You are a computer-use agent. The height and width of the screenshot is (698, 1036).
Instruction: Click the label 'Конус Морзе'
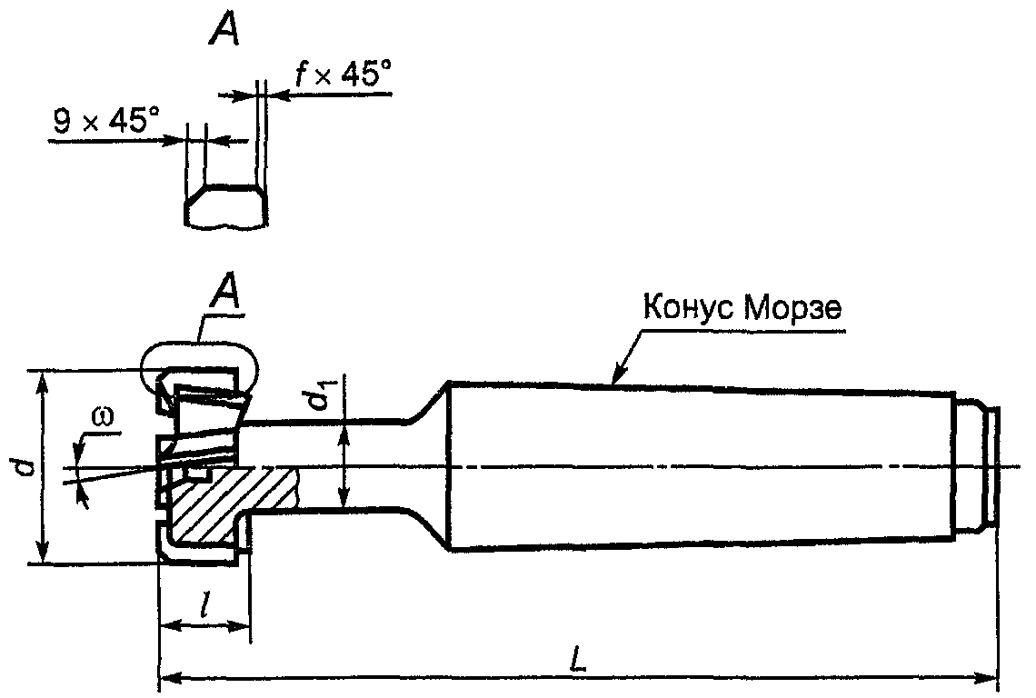click(742, 307)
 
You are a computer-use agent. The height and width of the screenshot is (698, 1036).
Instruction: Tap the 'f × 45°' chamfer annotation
click(343, 74)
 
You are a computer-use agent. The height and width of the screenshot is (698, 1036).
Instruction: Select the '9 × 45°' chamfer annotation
click(106, 121)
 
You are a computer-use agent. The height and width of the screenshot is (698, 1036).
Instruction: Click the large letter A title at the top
click(224, 29)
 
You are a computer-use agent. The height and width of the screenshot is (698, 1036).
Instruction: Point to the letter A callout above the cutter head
click(224, 292)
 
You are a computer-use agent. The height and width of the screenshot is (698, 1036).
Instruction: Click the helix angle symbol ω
click(104, 415)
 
